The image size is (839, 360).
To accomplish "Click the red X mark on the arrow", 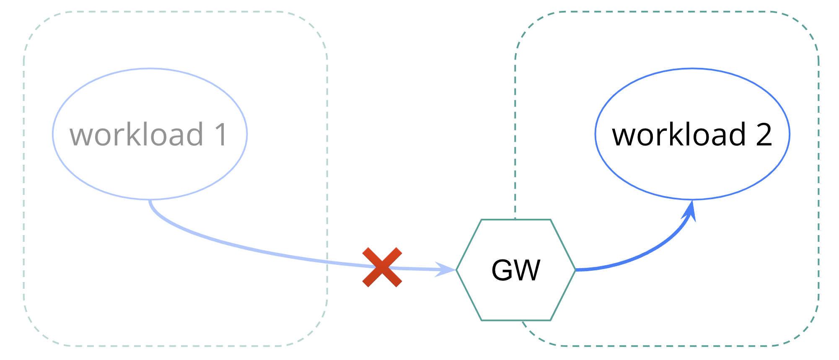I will coord(382,267).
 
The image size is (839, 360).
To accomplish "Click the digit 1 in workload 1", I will coord(221,135).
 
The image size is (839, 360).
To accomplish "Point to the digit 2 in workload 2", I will coord(764,135).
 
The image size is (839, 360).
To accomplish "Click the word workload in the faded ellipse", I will coord(137,135).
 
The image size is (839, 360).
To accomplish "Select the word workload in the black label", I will coord(679,135).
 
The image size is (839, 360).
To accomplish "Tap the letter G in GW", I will coord(504,270).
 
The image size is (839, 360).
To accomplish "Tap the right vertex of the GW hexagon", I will coord(575,270).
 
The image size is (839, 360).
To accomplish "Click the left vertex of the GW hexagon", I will coord(456,270).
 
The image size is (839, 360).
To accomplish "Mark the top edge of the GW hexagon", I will coord(515,220).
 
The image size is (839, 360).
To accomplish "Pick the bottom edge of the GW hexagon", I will coord(515,320).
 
